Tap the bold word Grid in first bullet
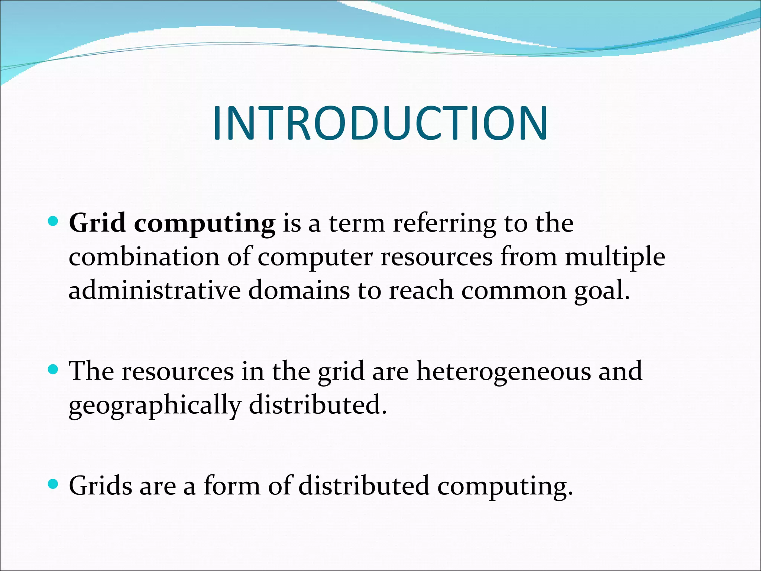click(97, 223)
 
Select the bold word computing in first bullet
click(204, 224)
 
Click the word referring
click(444, 224)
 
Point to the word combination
click(144, 257)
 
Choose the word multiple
click(615, 258)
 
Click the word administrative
click(155, 290)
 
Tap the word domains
click(299, 290)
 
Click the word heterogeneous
click(503, 371)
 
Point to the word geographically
click(155, 406)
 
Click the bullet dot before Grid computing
click(54, 222)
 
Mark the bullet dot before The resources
click(54, 370)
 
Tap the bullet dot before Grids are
click(54, 484)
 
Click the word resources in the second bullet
click(178, 371)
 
